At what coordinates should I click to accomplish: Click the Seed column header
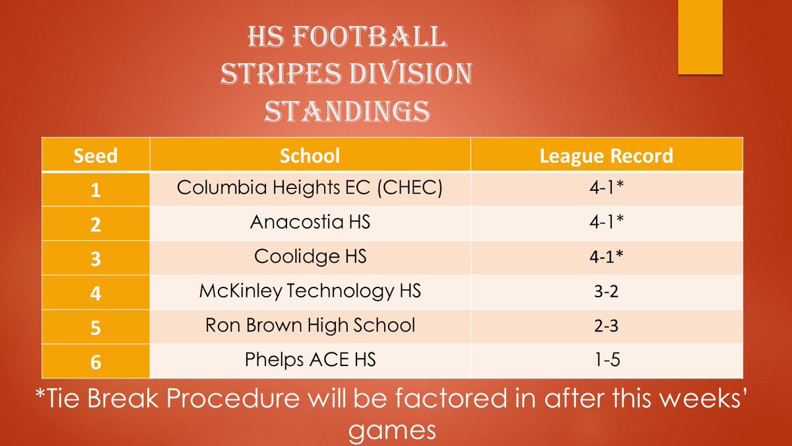[96, 155]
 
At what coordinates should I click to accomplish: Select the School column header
[310, 155]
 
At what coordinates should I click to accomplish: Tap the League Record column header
[606, 155]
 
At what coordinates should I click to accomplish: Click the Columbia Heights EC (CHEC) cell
[310, 188]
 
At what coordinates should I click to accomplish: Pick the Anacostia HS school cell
[310, 223]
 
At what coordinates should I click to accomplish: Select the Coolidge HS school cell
[310, 257]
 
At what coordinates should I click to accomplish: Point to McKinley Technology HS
[310, 291]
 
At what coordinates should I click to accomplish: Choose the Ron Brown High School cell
[310, 326]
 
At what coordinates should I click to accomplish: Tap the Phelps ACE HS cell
[310, 360]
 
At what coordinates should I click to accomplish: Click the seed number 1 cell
[96, 190]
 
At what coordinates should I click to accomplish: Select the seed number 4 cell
[96, 293]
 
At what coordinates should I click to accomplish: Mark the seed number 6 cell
[96, 361]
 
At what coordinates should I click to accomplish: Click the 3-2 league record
[606, 291]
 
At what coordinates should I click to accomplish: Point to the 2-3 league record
[606, 326]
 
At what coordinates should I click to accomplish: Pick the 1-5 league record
[606, 360]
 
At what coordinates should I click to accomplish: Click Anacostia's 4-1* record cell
[606, 223]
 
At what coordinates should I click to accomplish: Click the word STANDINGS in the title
[346, 112]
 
